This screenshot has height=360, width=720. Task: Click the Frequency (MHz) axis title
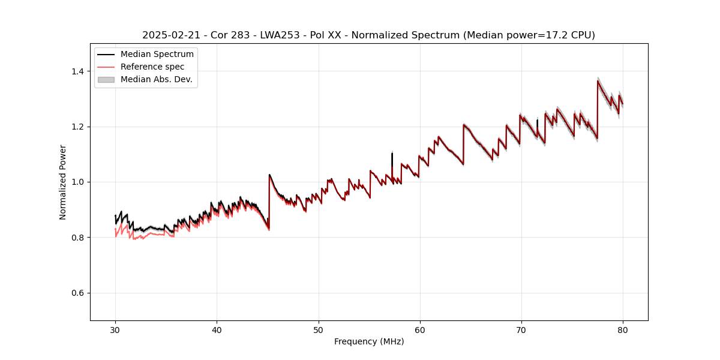click(x=369, y=341)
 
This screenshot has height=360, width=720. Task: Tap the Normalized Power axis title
click(x=63, y=182)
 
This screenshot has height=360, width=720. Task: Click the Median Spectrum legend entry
click(x=157, y=55)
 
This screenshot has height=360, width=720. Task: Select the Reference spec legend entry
click(x=152, y=67)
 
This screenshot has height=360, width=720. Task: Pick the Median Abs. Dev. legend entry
click(x=156, y=79)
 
